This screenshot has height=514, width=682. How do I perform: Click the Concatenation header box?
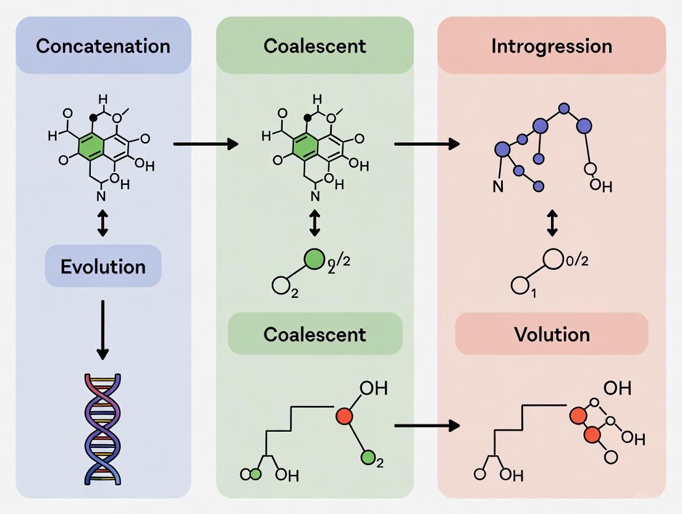(x=103, y=46)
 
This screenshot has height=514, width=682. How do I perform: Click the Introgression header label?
(x=552, y=46)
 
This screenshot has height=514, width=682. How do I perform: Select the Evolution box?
(x=103, y=266)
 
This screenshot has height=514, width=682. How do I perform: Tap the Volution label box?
(x=552, y=334)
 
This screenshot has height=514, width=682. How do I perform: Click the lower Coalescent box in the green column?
(x=314, y=334)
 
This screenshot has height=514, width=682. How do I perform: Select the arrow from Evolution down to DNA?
(x=103, y=330)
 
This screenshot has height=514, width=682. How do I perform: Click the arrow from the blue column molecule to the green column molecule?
(x=206, y=144)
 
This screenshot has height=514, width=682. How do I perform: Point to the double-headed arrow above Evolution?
(x=103, y=223)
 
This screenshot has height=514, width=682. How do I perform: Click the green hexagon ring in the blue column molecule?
(x=91, y=145)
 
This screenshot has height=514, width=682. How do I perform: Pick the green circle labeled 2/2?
(x=315, y=259)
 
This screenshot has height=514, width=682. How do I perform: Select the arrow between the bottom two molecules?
(x=427, y=426)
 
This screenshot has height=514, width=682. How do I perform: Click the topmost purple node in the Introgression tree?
(x=563, y=109)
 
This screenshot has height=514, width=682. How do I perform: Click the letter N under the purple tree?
(x=498, y=186)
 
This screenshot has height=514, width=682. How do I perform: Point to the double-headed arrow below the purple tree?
(x=552, y=223)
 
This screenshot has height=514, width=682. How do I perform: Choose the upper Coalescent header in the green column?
(x=314, y=46)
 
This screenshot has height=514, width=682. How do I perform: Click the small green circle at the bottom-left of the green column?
(x=255, y=474)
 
